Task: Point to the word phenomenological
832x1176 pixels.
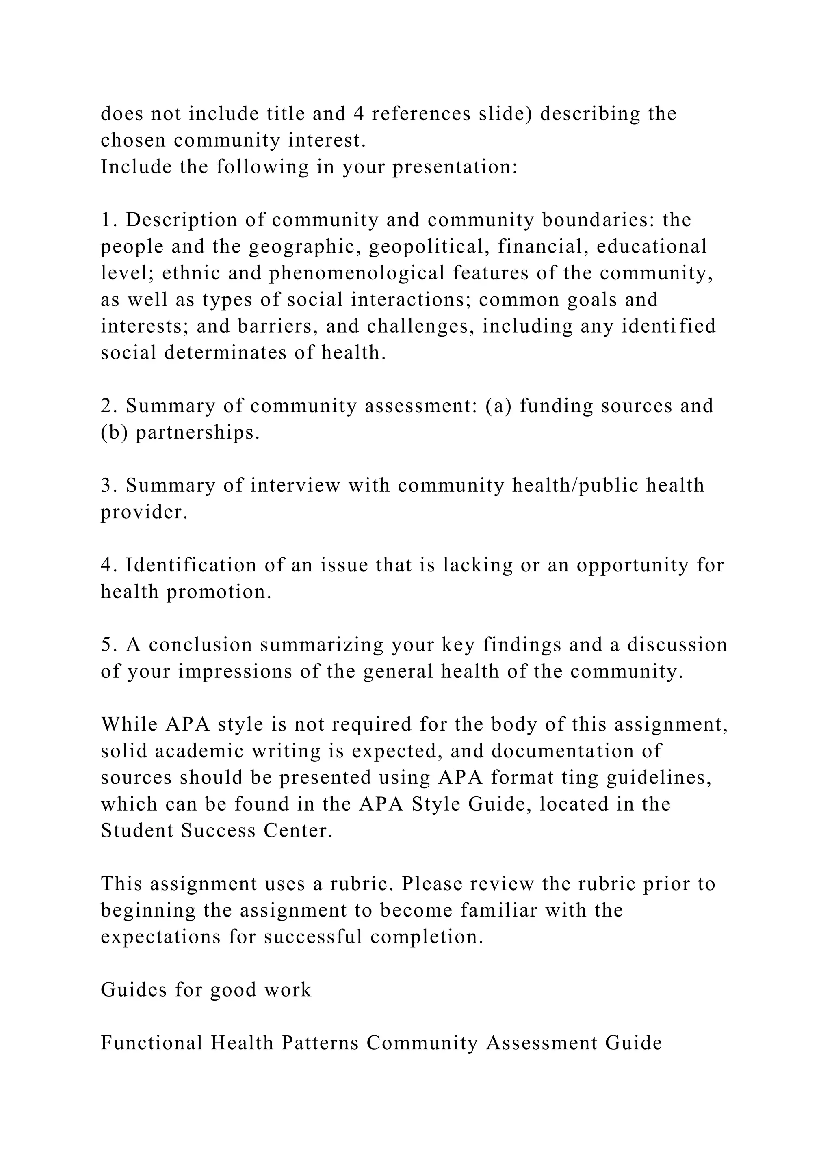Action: [357, 274]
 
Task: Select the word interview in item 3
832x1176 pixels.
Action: [295, 486]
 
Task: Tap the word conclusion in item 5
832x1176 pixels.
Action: [201, 645]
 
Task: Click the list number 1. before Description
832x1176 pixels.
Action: [109, 220]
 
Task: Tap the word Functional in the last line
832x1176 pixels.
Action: [152, 1043]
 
